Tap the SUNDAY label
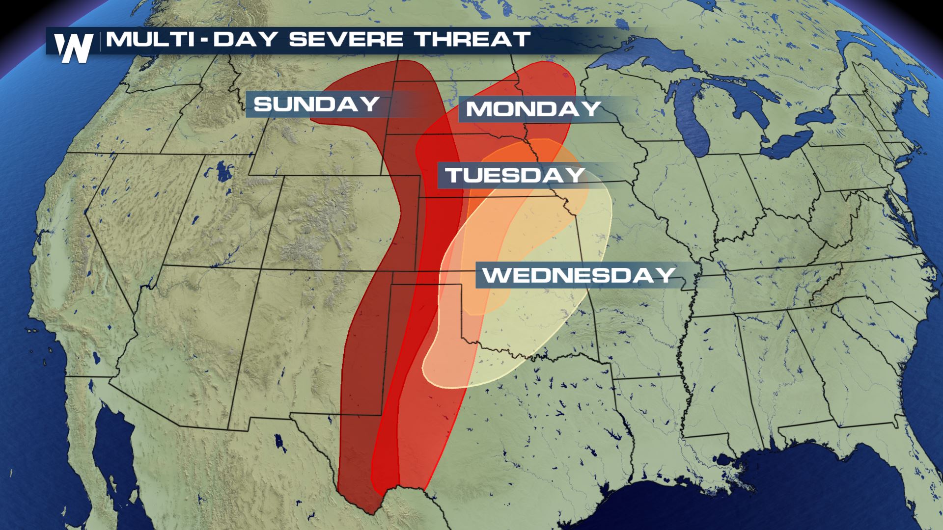[316, 104]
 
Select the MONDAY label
[533, 108]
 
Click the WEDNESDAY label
[578, 275]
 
